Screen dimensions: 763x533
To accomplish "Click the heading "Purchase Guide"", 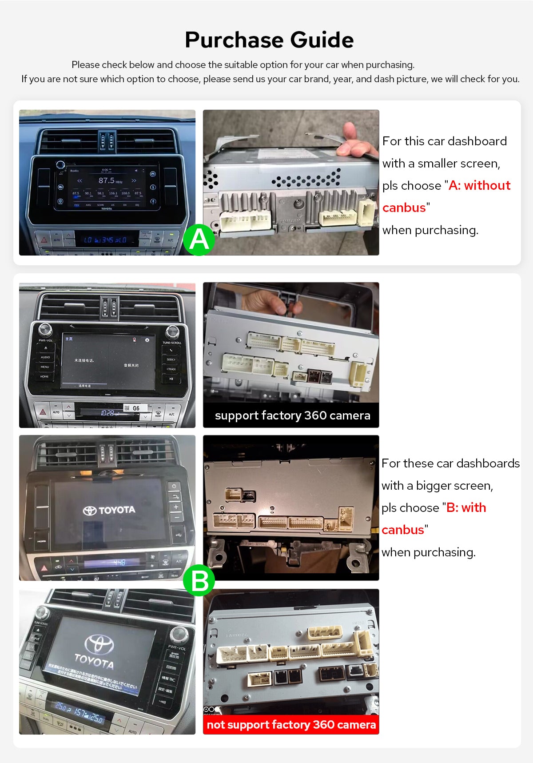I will (269, 40).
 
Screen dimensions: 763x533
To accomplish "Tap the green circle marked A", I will (199, 240).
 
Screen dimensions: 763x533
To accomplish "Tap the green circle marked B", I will (199, 580).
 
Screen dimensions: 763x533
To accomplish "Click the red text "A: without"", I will (479, 185).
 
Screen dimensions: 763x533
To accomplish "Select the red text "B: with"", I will (466, 507).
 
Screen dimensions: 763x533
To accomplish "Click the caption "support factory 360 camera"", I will (292, 415).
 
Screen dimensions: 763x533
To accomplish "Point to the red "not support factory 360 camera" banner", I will (291, 724).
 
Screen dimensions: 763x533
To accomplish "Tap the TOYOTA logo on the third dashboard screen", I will (109, 510).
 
